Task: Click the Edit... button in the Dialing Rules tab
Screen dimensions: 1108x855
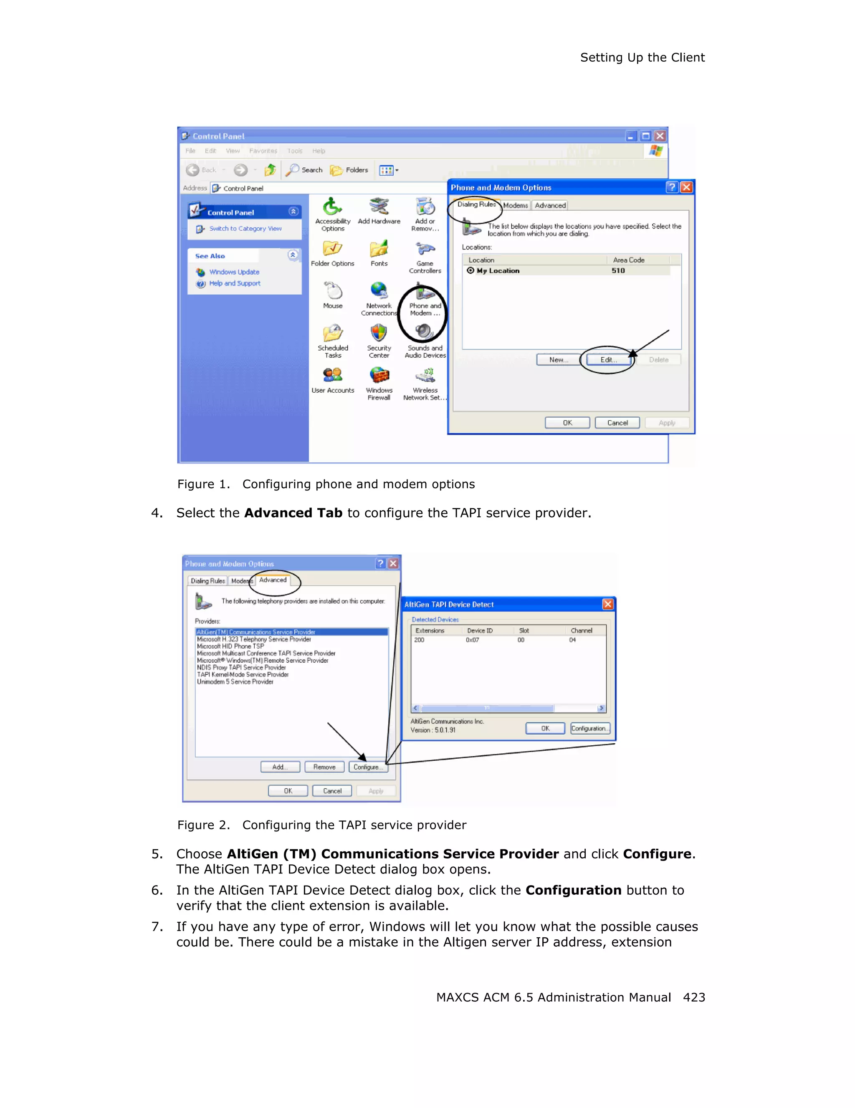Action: point(608,360)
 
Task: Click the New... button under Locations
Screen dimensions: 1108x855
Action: point(558,360)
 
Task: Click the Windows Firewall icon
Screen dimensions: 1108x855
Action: point(379,376)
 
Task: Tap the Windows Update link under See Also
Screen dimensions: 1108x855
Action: point(234,272)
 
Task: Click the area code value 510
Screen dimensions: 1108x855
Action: point(617,271)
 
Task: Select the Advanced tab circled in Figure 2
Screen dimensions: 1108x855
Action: point(273,580)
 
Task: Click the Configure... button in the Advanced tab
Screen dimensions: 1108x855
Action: point(368,767)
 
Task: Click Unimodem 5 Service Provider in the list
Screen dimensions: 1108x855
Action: point(235,682)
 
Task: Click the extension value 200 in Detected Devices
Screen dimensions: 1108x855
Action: point(419,640)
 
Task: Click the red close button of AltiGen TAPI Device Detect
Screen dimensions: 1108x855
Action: point(607,604)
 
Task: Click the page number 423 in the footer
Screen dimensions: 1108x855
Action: point(693,997)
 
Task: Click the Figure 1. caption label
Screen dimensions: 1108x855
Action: point(203,485)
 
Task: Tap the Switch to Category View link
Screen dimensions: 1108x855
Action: point(245,229)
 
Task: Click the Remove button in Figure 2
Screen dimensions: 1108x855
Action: point(324,767)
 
